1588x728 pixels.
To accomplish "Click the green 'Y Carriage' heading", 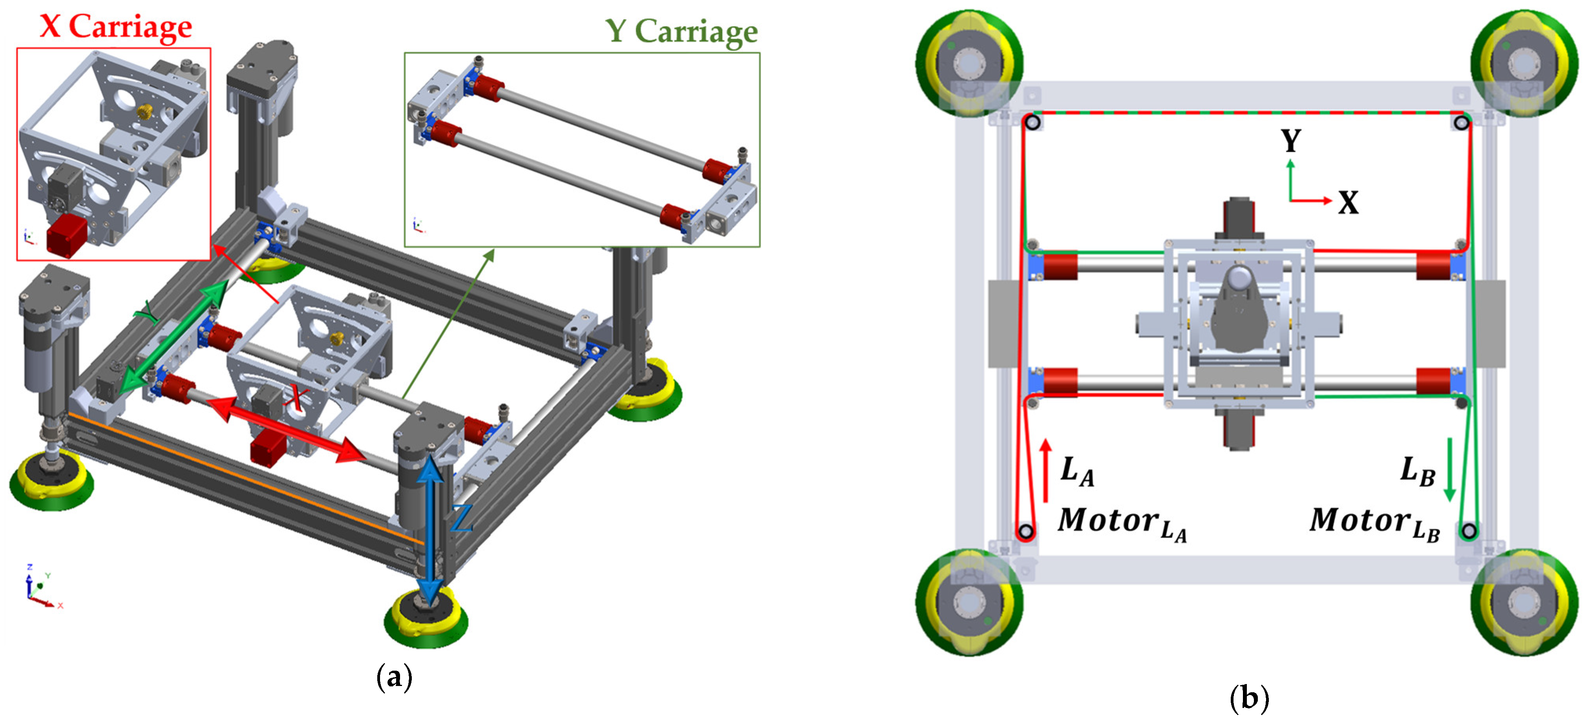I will coord(681,31).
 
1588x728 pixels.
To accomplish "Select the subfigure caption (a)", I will coord(394,677).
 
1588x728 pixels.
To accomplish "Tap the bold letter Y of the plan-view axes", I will coord(1291,141).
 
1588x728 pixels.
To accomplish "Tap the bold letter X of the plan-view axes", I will coord(1348,202).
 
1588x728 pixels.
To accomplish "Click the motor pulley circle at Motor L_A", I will coord(1026,531).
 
